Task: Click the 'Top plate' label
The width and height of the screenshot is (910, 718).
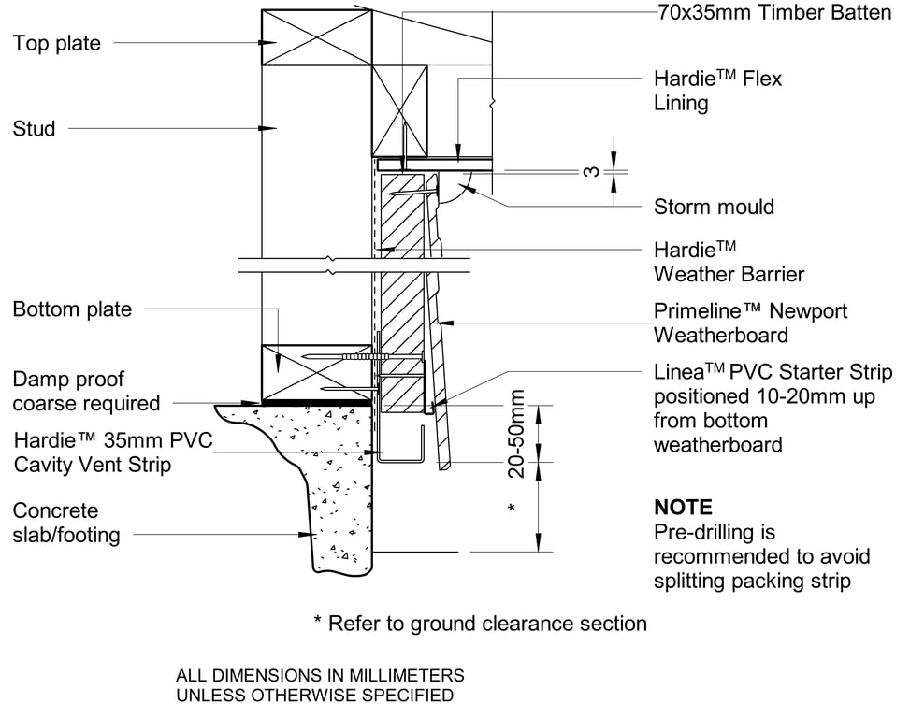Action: point(56,44)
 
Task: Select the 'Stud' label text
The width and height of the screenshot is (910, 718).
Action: point(35,129)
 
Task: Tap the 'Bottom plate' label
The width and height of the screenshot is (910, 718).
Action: point(72,309)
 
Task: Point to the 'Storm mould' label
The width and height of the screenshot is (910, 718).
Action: point(714,207)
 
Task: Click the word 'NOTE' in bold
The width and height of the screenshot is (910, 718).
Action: point(683,508)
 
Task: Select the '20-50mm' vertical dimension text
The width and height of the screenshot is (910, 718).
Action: point(516,434)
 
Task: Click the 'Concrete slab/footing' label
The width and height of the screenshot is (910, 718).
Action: point(66,523)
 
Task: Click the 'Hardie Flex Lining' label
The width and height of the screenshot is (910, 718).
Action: point(717,91)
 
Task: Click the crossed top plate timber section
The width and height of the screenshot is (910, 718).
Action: point(317,37)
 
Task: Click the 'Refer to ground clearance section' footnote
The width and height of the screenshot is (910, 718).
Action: point(479,624)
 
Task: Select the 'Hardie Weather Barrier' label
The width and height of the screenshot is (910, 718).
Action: point(729,262)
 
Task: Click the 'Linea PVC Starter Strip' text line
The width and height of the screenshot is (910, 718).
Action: point(773,372)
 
